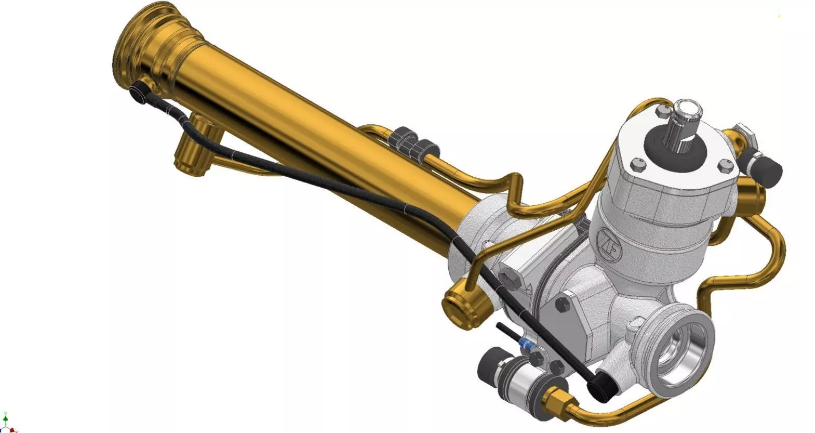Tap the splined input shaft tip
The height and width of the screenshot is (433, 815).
pyautogui.click(x=689, y=110)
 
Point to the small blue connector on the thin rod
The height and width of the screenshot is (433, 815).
pyautogui.click(x=527, y=344)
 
